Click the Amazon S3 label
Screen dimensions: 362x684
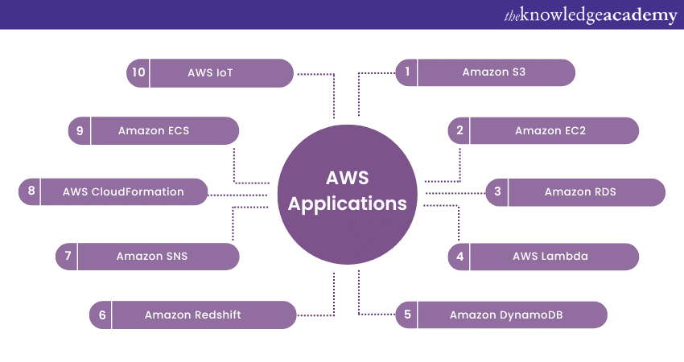click(x=493, y=72)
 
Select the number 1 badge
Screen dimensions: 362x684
click(x=407, y=72)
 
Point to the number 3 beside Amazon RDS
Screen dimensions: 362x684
click(x=497, y=191)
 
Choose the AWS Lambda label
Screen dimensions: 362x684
click(x=550, y=257)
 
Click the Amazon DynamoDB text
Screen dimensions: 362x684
click(x=506, y=315)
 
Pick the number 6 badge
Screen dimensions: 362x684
click(x=102, y=315)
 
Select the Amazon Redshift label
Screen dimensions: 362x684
click(x=193, y=315)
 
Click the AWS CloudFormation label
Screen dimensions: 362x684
click(x=123, y=191)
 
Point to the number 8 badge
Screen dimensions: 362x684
click(x=31, y=191)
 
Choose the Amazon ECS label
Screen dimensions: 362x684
click(x=153, y=130)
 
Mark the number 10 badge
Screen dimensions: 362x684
click(x=138, y=72)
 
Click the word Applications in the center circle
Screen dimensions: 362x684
click(x=347, y=204)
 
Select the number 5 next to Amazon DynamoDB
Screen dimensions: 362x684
click(x=407, y=315)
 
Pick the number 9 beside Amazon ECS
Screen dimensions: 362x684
click(x=80, y=130)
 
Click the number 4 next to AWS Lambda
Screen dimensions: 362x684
click(x=459, y=257)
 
